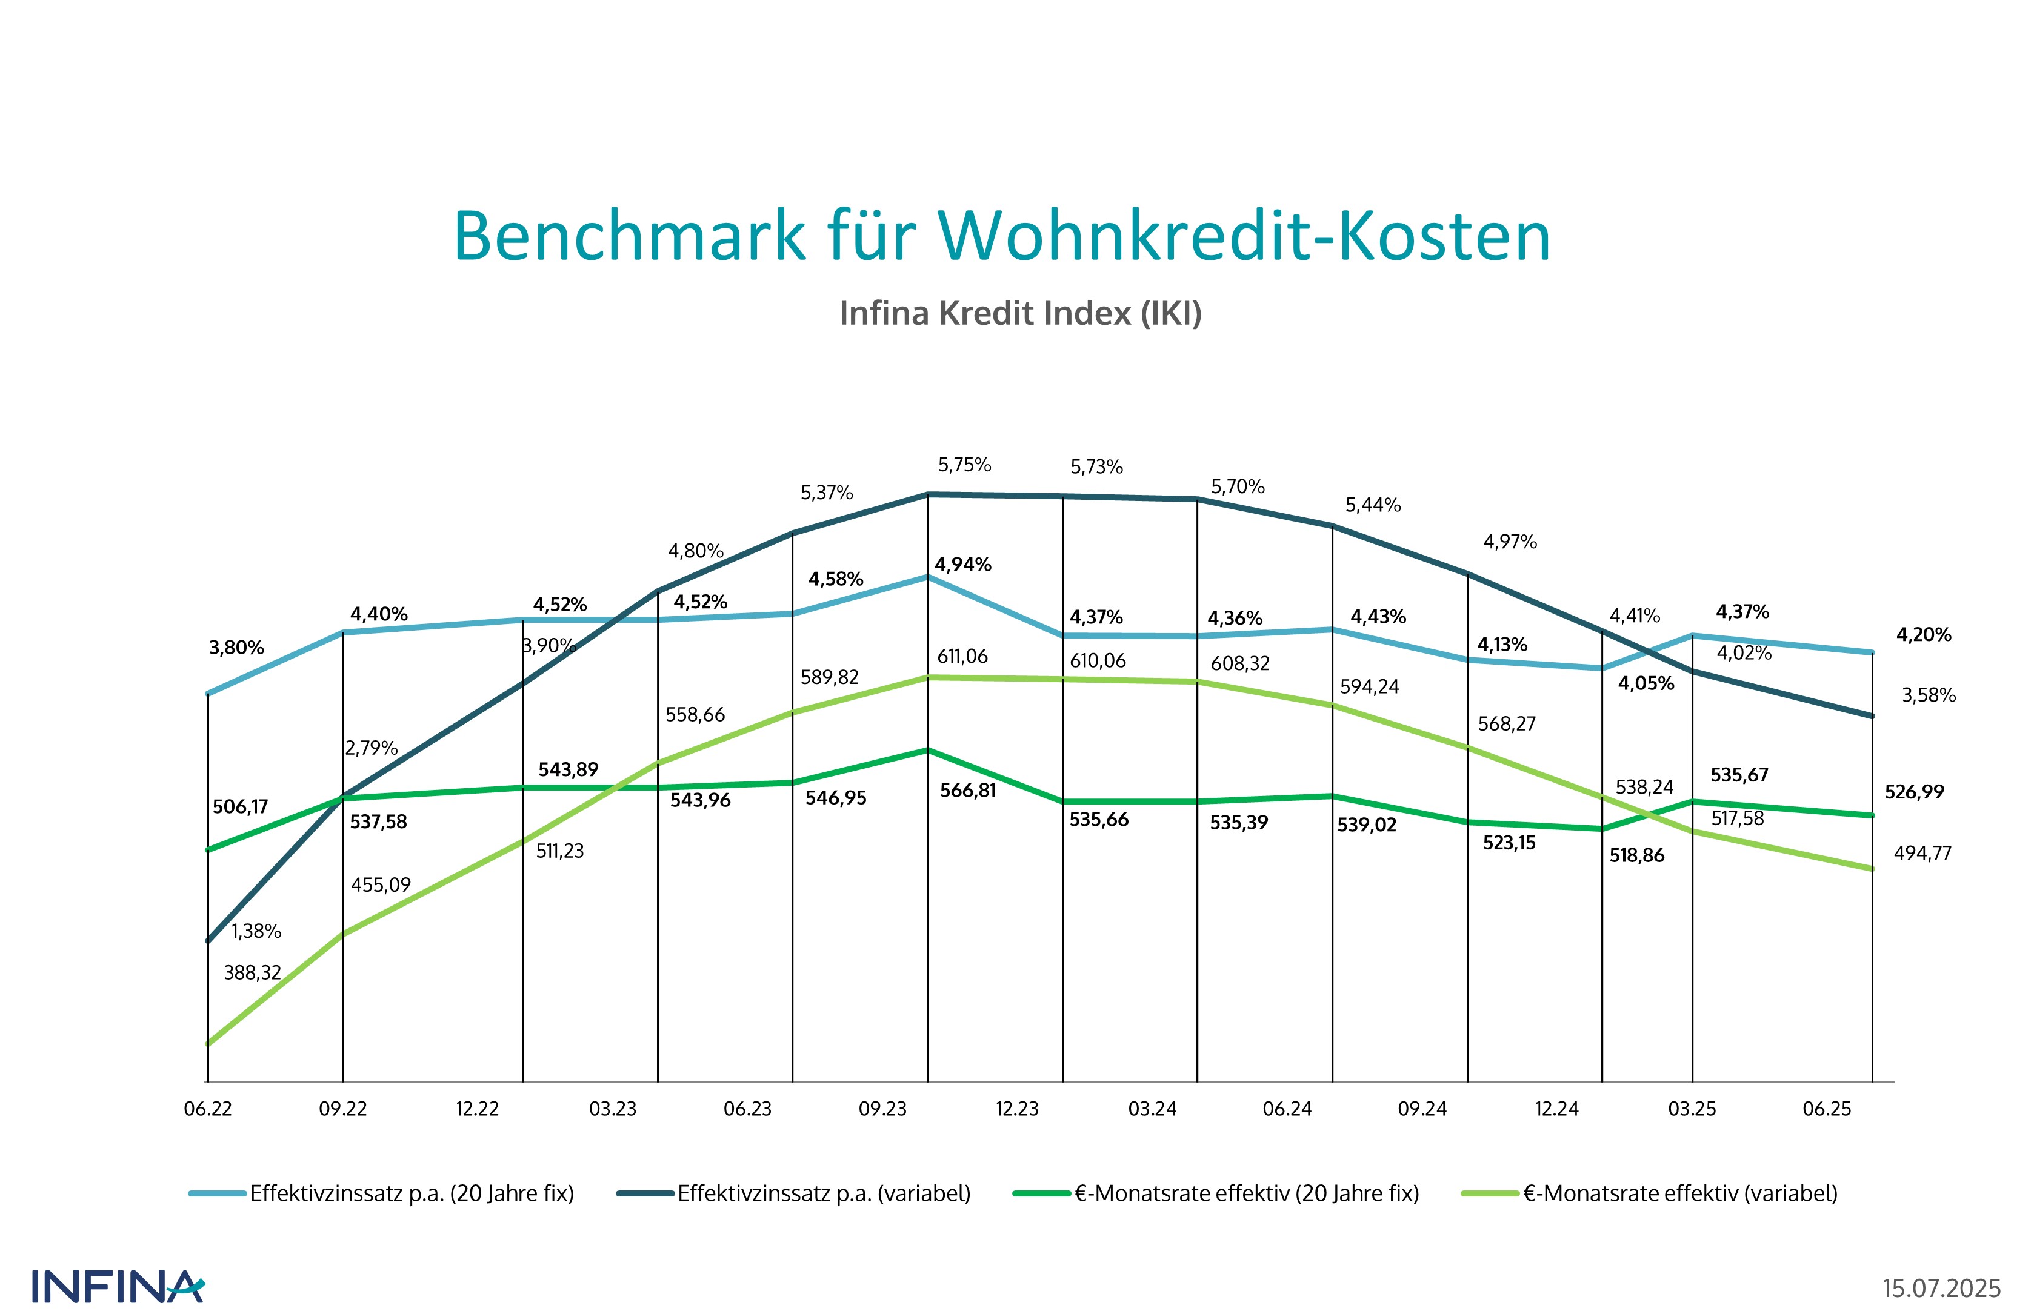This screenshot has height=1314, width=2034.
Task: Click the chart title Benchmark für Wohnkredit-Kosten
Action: pos(1001,236)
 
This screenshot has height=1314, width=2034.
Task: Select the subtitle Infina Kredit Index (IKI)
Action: pos(1020,313)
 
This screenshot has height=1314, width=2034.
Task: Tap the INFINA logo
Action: pos(118,1287)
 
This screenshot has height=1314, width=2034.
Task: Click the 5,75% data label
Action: pos(964,465)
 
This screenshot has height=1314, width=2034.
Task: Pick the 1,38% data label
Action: pos(256,931)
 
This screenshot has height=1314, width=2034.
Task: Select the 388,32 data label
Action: pos(252,973)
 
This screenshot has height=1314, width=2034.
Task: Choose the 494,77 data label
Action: pos(1922,853)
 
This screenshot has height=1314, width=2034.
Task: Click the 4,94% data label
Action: pos(963,565)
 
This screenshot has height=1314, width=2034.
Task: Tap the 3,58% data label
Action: pos(1928,695)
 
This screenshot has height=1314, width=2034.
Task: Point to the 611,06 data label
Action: pos(962,657)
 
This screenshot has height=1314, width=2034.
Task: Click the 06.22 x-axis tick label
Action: pos(207,1109)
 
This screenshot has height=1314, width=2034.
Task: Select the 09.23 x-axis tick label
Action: pos(882,1109)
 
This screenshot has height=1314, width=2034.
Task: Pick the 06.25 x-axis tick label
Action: pos(1827,1109)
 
